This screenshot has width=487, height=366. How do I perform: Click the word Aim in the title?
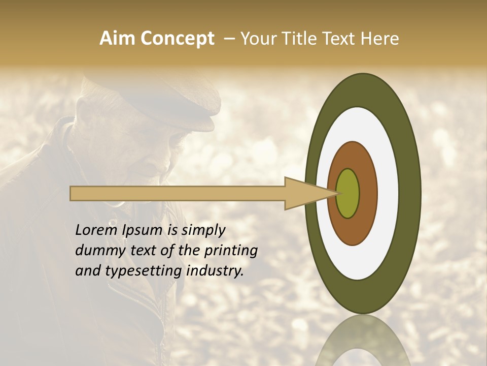coord(117,39)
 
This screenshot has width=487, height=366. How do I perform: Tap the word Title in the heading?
coord(299,39)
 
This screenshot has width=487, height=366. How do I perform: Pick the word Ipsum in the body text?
coord(143,230)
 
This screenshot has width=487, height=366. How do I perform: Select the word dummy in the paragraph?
coord(97,251)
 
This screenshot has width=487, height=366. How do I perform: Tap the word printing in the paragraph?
coord(231,251)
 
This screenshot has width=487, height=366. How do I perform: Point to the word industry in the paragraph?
coord(215,271)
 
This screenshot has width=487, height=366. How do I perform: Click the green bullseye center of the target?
coord(348,193)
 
